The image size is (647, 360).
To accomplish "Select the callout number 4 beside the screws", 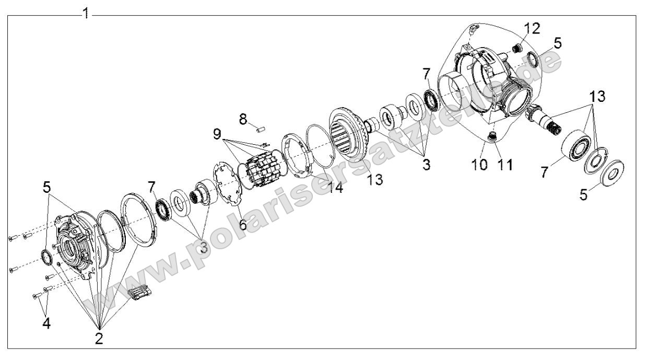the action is tap(46, 323).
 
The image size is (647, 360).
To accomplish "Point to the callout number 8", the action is tap(243, 120).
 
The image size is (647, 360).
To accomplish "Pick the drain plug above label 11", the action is tap(492, 137).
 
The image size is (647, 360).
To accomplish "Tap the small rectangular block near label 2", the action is tap(139, 293).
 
